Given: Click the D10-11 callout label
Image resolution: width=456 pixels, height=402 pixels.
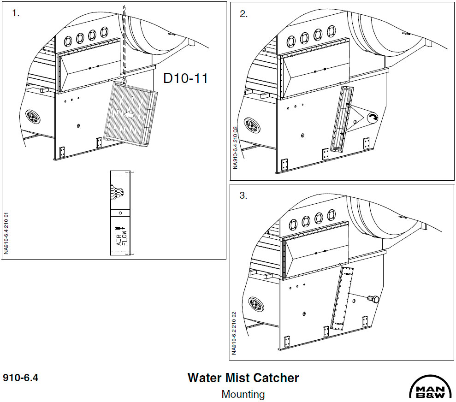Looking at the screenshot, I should pos(186,78).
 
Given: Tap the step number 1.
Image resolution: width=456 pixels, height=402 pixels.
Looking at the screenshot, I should pos(16,13).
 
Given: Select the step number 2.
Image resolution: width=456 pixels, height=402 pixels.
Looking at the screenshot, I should pos(243,14).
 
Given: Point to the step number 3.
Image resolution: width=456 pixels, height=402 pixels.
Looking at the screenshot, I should pos(243,195).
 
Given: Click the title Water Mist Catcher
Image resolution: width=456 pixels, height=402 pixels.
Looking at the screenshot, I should pos(243,378).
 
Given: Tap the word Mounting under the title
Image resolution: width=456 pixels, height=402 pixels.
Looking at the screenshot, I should pos(243,394).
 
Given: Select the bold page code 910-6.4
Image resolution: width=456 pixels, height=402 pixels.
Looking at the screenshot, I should pos(21,378).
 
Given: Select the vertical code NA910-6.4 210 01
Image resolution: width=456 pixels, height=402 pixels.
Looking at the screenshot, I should pos(6,233).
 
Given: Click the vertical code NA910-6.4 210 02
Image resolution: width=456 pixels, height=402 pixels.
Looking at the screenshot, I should pos(235,147).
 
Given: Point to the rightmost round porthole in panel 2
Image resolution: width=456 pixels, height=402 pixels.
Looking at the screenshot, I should pos(331,32).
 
